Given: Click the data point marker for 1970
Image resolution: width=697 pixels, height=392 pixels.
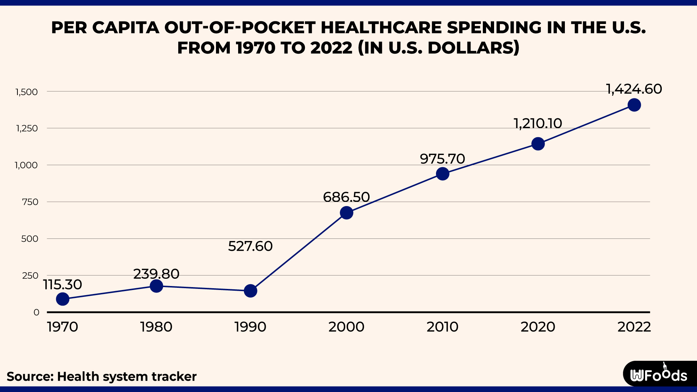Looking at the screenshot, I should tap(62, 299).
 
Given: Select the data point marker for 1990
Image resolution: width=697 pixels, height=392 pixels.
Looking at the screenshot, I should tap(250, 291).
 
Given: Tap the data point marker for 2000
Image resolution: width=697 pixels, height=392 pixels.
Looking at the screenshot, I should tap(346, 213).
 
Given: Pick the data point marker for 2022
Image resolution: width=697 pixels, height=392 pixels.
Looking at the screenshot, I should tap(634, 105).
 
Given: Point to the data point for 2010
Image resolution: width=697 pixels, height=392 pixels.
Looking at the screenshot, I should tap(442, 174).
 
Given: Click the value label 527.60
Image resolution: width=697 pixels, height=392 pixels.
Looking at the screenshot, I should tap(250, 246).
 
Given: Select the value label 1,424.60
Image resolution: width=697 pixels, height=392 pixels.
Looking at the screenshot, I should tap(634, 89).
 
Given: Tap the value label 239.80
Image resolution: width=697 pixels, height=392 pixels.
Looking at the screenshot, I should tap(156, 274).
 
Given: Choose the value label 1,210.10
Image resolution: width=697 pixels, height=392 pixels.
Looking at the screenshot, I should tap(538, 124).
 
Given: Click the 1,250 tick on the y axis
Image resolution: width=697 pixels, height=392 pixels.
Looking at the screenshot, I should tap(27, 128).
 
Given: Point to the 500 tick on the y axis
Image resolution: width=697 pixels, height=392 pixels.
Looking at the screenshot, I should tap(30, 239).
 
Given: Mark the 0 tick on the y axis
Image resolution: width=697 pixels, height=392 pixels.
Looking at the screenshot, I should tap(36, 313).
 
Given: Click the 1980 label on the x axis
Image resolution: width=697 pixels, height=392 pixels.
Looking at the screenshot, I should tap(156, 327).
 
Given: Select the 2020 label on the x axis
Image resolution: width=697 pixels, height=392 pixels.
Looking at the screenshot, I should tap(538, 327).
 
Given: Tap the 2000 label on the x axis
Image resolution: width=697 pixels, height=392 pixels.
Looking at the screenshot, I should tap(346, 327).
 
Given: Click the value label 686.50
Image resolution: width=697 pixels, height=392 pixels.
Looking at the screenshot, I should tap(346, 197).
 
